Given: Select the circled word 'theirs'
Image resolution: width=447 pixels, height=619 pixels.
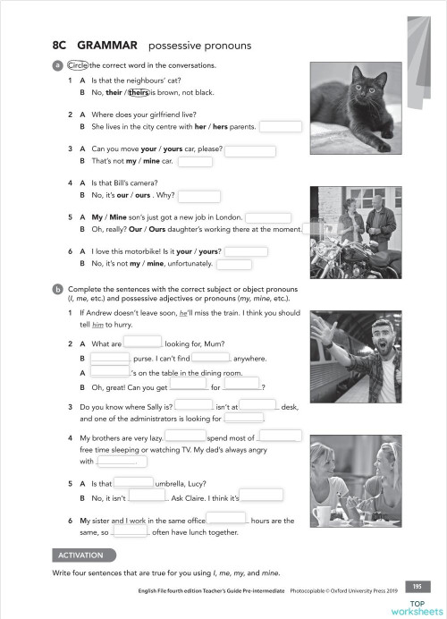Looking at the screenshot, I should (x=137, y=92).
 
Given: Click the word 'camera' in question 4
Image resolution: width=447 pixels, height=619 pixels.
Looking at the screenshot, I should (x=142, y=182).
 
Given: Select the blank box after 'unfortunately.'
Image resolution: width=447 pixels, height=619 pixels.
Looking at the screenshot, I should (x=234, y=264).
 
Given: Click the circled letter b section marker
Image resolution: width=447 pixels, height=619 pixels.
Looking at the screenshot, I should (x=57, y=289).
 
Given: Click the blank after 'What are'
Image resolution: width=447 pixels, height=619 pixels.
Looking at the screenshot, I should (x=141, y=343).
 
